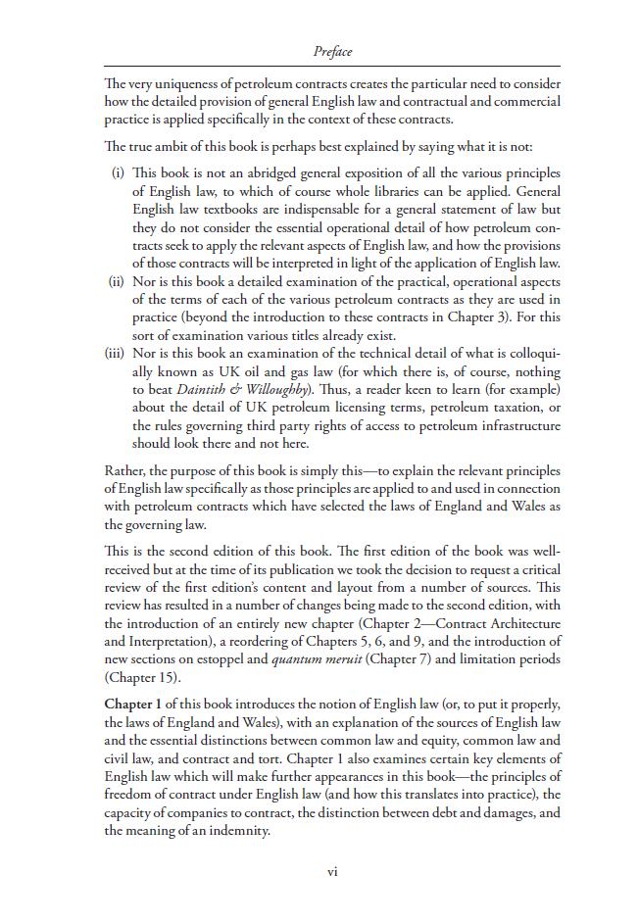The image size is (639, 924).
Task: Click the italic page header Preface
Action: point(332,51)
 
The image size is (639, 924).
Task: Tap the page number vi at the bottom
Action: point(332,871)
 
